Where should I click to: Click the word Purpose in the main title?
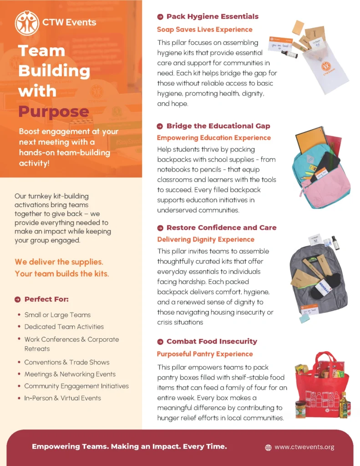pos(53,111)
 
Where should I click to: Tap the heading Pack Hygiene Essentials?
pos(212,16)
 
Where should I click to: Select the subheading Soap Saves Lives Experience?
pos(204,30)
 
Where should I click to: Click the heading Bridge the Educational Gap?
pos(218,126)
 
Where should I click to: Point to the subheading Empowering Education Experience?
pos(213,137)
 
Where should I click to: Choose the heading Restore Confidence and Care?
pos(221,228)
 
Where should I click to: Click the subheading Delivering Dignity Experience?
pos(206,239)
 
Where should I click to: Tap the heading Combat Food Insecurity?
pos(212,341)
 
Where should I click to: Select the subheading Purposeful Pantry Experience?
pos(205,354)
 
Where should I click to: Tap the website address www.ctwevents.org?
pos(304,447)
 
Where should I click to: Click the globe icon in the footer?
pos(268,447)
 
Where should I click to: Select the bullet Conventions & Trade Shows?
pos(67,362)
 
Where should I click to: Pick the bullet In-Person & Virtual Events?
pos(63,398)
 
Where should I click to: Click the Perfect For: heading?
pos(46,299)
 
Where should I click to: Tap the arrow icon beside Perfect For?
pos(18,299)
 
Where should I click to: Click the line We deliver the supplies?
pos(59,262)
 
